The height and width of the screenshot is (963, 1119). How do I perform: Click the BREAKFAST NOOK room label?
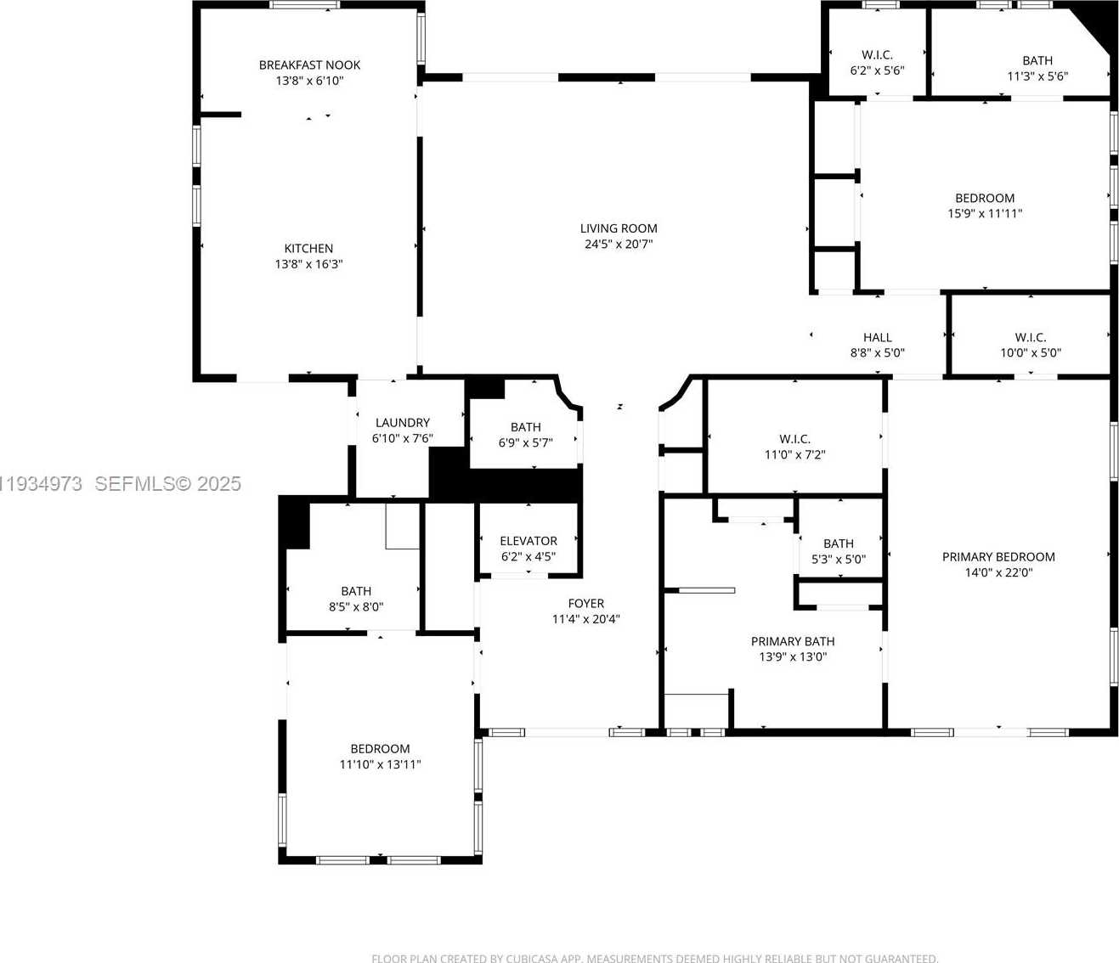pos(309,65)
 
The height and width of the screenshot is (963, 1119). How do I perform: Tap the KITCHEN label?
pos(308,249)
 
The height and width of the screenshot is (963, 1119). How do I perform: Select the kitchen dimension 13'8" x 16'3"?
pos(308,264)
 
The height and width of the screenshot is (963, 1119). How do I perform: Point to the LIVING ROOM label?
pos(619,228)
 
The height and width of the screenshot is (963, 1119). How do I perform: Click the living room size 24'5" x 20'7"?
pos(619,245)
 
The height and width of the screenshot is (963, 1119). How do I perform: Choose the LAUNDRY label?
pos(403,423)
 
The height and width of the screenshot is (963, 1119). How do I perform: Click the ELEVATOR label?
pos(528,541)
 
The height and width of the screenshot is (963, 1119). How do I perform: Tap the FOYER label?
pos(586,604)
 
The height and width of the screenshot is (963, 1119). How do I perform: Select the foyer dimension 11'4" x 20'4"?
pos(586,619)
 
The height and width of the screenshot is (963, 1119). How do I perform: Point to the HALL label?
pos(878,338)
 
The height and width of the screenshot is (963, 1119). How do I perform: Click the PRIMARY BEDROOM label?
pos(998,557)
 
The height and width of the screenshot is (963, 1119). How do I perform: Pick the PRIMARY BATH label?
pos(793,642)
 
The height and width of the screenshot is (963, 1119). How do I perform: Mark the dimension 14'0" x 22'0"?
pos(998,573)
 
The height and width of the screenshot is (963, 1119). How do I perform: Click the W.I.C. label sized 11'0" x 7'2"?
pos(794,439)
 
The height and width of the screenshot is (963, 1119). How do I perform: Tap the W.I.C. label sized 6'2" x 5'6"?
pos(877,55)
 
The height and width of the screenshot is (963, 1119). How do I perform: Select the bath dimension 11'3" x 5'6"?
pos(1037,76)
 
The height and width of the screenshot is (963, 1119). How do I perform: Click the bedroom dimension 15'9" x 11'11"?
pos(985,214)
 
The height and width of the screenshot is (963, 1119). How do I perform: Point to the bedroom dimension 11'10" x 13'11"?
pos(380,764)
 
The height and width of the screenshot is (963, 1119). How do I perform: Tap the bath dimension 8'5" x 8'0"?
pos(356,607)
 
